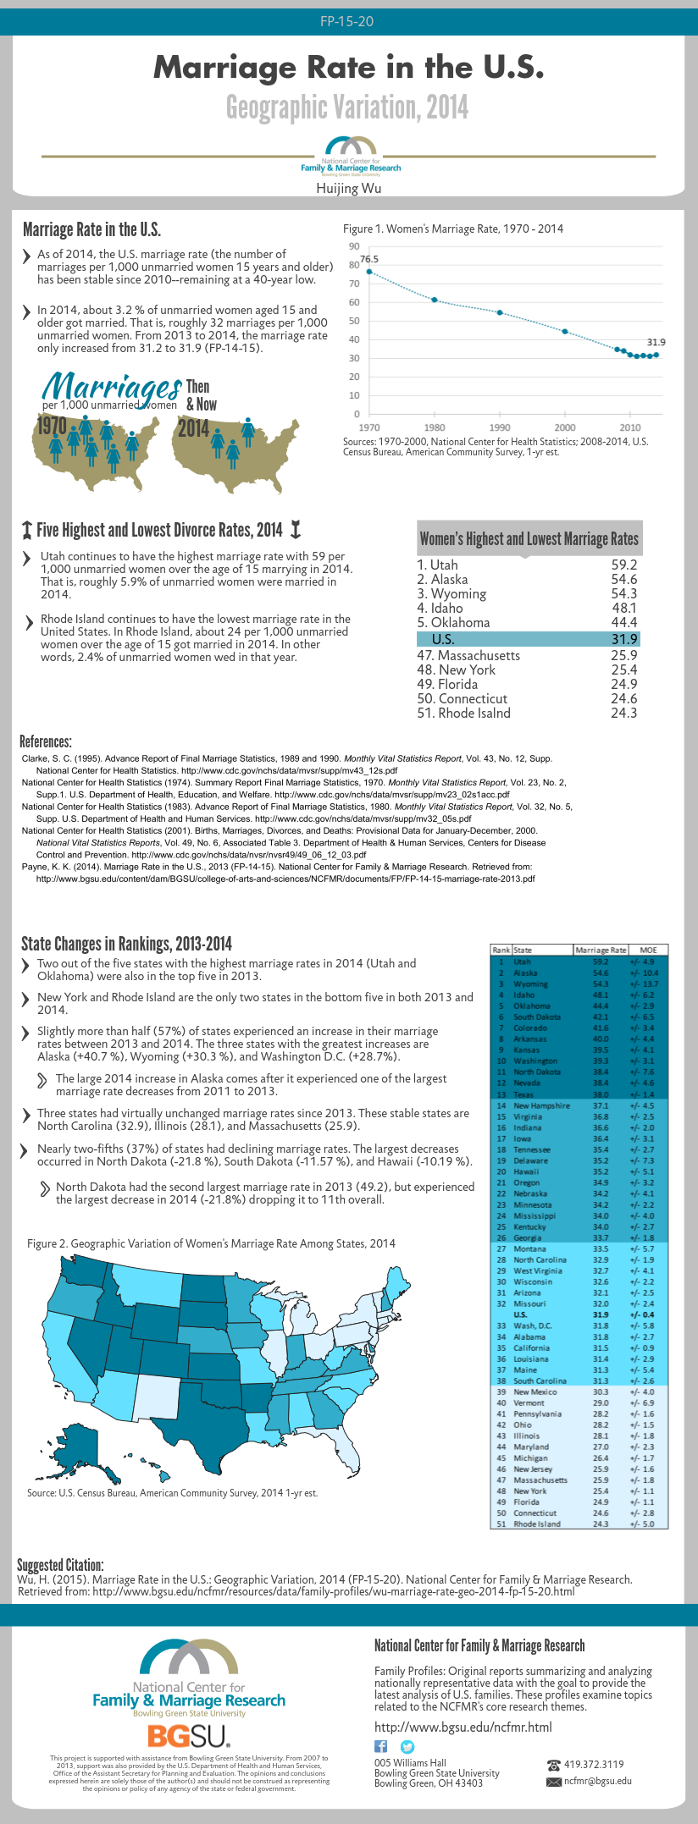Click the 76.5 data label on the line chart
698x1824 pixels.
pos(369,259)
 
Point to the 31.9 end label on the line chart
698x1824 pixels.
pos(656,342)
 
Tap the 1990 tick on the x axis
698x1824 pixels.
pos(500,427)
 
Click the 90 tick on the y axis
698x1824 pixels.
pos(354,246)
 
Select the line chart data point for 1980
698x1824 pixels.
pos(435,300)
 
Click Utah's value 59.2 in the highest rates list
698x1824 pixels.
pos(623,565)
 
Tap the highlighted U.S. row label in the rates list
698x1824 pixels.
pos(443,639)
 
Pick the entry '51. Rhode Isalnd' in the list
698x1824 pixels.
pos(463,713)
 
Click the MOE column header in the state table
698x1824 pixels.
pos(648,950)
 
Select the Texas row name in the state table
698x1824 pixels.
pos(523,1094)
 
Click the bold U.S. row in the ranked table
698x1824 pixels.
pos(520,1314)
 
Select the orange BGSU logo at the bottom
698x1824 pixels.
pos(188,1736)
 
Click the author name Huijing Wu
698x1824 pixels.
pos(349,188)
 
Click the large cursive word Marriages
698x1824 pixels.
pos(112,387)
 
